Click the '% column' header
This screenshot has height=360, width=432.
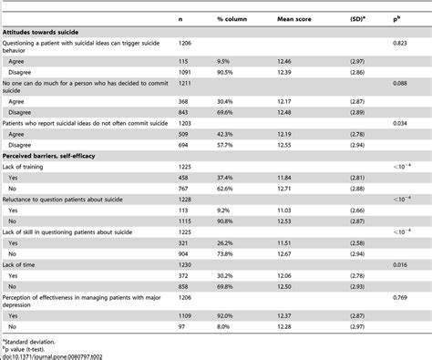click(232, 18)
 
